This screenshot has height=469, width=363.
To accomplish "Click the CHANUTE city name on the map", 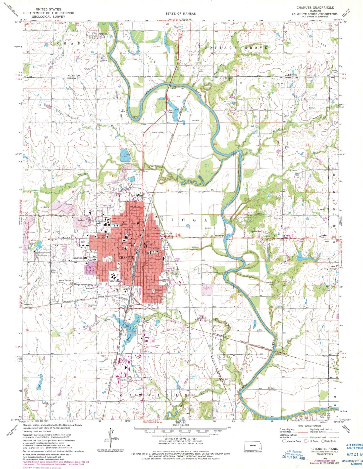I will [126, 258].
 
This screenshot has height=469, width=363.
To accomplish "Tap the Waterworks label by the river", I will [219, 235].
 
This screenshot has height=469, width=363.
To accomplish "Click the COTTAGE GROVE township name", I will [236, 48].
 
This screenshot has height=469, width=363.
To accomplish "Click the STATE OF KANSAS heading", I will [180, 13].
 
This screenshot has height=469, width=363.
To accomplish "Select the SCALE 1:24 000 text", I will [181, 425].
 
